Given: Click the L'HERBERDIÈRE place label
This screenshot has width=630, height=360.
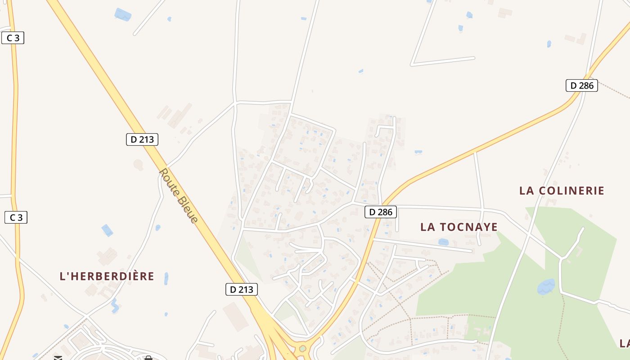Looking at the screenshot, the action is [107, 276].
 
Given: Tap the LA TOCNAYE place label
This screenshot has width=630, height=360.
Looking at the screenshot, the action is [459, 227].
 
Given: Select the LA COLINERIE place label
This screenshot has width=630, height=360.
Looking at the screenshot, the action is [562, 191].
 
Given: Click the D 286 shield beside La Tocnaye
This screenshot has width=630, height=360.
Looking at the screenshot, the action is [381, 212].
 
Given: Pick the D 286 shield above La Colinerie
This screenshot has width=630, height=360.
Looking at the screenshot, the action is [581, 85].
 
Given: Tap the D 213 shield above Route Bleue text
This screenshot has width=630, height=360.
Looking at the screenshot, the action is [142, 139].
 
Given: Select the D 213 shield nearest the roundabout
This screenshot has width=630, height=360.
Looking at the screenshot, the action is [241, 289].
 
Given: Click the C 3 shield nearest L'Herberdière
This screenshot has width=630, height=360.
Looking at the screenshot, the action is [16, 218].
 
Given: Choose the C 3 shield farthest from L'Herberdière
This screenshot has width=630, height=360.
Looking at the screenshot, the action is [13, 38].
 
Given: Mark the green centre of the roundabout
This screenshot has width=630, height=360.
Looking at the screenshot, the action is [303, 348].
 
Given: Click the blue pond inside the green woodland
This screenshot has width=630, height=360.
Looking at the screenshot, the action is [546, 287].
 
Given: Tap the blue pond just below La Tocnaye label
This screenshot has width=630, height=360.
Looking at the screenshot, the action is [443, 242].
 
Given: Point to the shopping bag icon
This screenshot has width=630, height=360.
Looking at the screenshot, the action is [148, 358].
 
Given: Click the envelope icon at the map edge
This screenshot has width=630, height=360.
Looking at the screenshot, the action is [58, 358].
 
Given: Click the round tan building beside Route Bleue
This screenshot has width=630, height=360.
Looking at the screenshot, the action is [138, 165].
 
